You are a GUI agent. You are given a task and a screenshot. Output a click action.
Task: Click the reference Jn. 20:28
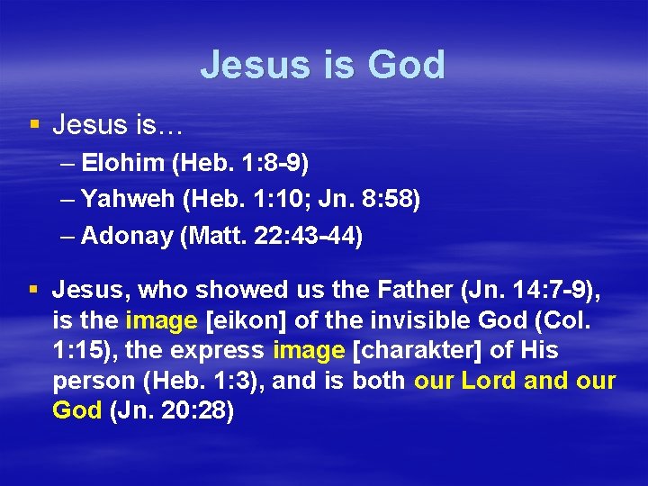[x=171, y=410]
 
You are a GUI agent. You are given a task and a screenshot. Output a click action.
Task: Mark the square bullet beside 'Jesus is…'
[x=33, y=123]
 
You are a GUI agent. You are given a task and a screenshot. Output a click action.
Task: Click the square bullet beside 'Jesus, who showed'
[x=33, y=290]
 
